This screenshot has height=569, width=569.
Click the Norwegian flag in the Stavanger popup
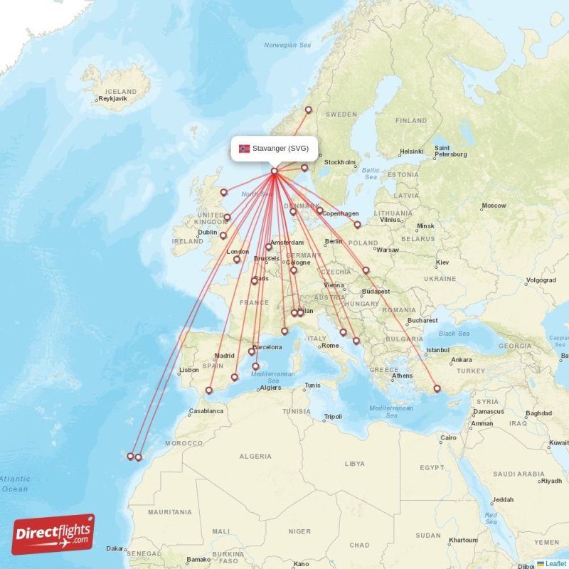pyautogui.click(x=244, y=149)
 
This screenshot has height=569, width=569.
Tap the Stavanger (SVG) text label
pyautogui.click(x=280, y=149)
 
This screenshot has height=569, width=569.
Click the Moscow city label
pyautogui.click(x=494, y=206)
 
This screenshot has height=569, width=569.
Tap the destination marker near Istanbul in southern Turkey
pyautogui.click(x=437, y=388)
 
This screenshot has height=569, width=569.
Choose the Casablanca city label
pyautogui.click(x=206, y=411)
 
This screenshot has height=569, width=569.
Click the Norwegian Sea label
pyautogui.click(x=287, y=45)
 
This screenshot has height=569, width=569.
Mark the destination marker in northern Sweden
pyautogui.click(x=309, y=110)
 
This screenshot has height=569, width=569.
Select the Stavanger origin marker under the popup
pyautogui.click(x=274, y=171)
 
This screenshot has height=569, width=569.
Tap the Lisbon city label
pyautogui.click(x=189, y=370)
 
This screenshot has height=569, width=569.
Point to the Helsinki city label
pyautogui.click(x=411, y=151)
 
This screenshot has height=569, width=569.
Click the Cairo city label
pyautogui.click(x=448, y=437)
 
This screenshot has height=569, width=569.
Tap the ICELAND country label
pyautogui.click(x=120, y=92)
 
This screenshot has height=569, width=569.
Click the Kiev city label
pyautogui.click(x=442, y=262)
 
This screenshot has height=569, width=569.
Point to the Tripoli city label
pyautogui.click(x=332, y=417)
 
